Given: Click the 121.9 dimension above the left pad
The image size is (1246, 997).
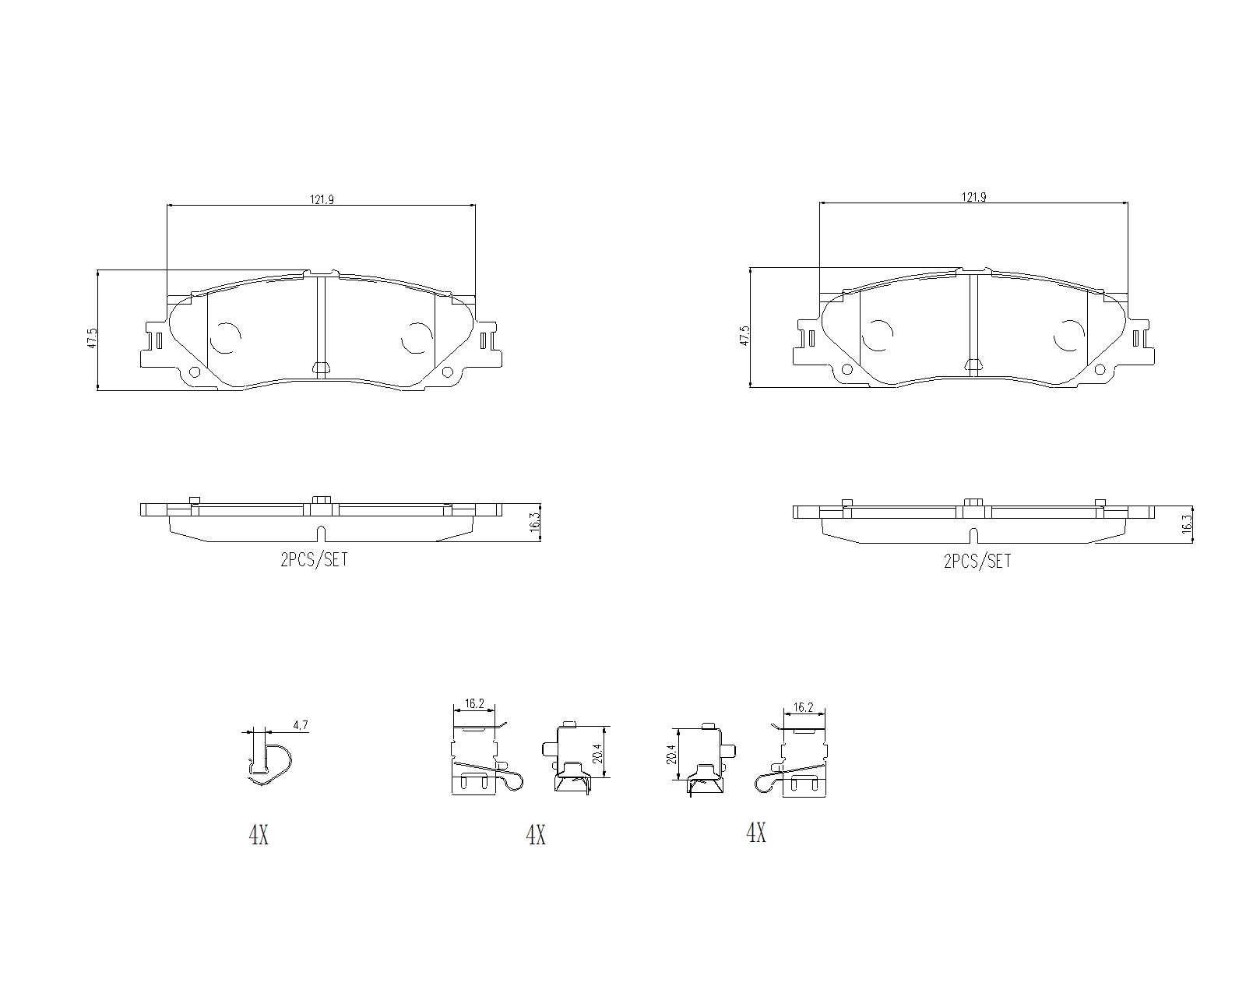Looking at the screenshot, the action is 322,199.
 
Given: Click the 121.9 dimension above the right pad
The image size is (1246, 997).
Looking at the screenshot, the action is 974,197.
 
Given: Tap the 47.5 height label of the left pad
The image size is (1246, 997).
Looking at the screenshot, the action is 92,338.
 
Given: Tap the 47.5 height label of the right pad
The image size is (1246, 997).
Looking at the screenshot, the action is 744,336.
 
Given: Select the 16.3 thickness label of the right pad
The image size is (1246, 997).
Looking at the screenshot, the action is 1187,523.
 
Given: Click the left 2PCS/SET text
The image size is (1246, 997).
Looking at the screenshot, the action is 315,559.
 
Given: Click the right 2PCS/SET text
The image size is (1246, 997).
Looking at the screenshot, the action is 977,562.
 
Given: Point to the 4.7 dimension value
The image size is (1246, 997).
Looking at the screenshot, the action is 301,724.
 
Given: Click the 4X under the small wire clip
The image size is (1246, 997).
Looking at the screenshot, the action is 259,835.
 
